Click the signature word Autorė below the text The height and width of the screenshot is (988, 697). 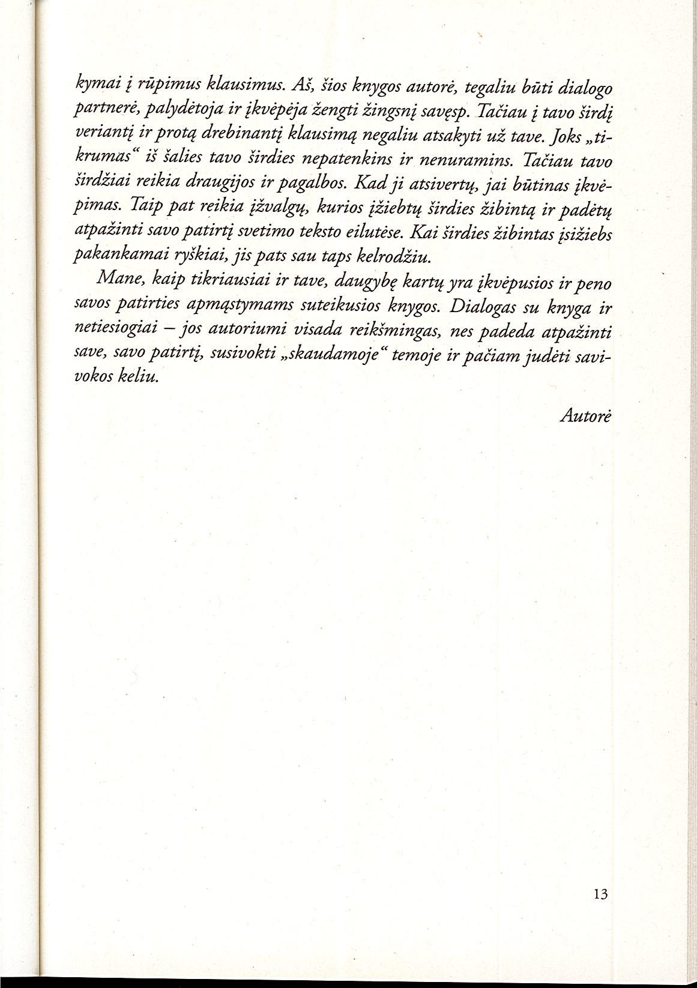[584, 417]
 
